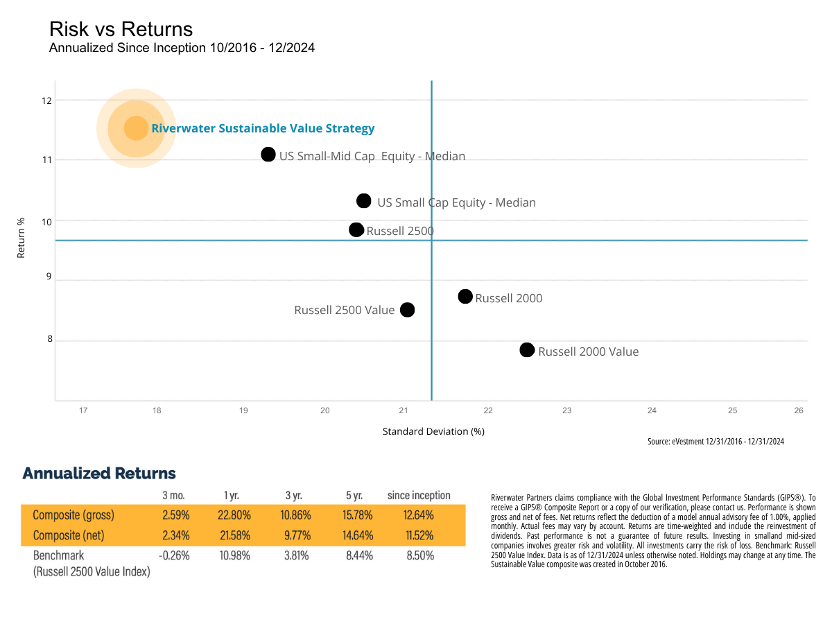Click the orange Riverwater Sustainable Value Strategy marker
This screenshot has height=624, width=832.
pyautogui.click(x=136, y=128)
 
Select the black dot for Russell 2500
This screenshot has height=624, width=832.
pyautogui.click(x=356, y=229)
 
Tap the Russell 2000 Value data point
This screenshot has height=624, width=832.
pyautogui.click(x=527, y=350)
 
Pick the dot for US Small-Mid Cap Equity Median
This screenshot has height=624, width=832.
pyautogui.click(x=268, y=155)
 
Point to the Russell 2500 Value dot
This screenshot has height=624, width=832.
pyautogui.click(x=408, y=310)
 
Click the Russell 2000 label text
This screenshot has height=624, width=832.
pyautogui.click(x=509, y=298)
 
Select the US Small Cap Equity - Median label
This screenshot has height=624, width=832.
pyautogui.click(x=456, y=202)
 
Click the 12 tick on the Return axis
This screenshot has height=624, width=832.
pyautogui.click(x=46, y=101)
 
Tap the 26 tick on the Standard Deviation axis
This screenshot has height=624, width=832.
pyautogui.click(x=799, y=410)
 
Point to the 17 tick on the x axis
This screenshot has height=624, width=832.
pyautogui.click(x=83, y=410)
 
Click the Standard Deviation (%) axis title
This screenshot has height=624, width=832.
pyautogui.click(x=433, y=431)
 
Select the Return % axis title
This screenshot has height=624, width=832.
pyautogui.click(x=21, y=239)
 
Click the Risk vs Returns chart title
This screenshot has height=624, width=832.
pyautogui.click(x=121, y=29)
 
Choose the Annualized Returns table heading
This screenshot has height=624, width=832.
pyautogui.click(x=99, y=474)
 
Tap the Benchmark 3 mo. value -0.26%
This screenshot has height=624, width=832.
pyautogui.click(x=173, y=555)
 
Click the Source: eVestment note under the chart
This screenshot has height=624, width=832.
pyautogui.click(x=715, y=441)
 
